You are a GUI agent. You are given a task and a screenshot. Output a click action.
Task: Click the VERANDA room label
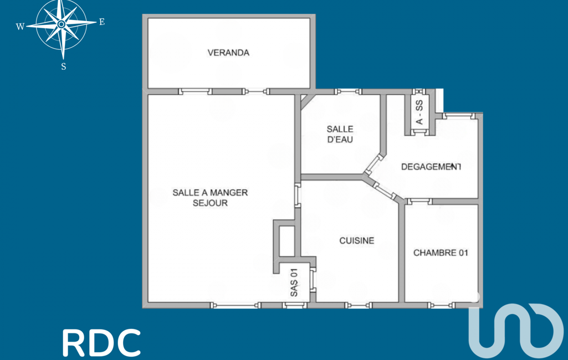click(x=228, y=53)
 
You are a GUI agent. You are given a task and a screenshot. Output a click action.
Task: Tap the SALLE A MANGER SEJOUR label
click(x=210, y=198)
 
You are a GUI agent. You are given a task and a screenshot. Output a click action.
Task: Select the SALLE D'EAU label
click(x=340, y=135)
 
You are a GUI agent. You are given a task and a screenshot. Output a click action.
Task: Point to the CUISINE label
click(x=356, y=241)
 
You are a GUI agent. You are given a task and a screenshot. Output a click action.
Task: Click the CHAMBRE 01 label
click(x=441, y=253)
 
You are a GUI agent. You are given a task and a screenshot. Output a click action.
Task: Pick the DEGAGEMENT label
click(x=431, y=167)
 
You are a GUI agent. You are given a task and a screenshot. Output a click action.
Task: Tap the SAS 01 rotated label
click(x=294, y=282)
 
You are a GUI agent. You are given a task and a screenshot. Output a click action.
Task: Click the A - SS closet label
click(x=419, y=112)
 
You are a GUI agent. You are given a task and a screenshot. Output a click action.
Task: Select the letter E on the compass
click(x=102, y=22)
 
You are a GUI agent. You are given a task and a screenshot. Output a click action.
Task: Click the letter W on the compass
click(x=21, y=27)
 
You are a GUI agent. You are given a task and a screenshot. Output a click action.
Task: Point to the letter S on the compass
click(x=64, y=66)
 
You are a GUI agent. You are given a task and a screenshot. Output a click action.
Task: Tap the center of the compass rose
click(x=61, y=24)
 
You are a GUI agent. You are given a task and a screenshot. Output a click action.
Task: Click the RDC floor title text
click(x=101, y=343)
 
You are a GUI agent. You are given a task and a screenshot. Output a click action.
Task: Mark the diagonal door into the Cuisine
click(x=385, y=191)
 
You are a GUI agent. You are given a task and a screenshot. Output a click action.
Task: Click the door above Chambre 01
click(x=419, y=202)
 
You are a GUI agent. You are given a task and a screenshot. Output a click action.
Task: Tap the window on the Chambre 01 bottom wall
click(x=441, y=305)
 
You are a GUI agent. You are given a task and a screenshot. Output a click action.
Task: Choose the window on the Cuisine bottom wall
click(x=359, y=305)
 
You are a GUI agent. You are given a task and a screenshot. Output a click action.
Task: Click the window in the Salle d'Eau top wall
click(x=348, y=91)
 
